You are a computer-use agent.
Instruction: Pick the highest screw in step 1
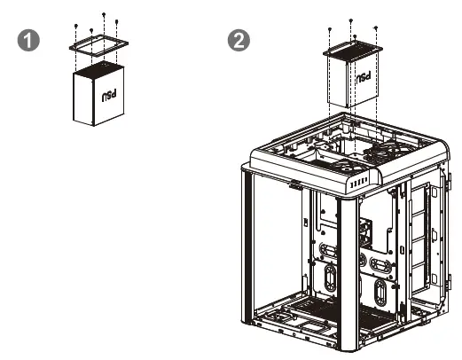(x=105, y=15)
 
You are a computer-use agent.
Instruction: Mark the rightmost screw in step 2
(x=376, y=29)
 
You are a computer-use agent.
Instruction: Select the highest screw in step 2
(x=352, y=19)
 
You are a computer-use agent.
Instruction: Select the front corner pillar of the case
(x=364, y=266)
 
